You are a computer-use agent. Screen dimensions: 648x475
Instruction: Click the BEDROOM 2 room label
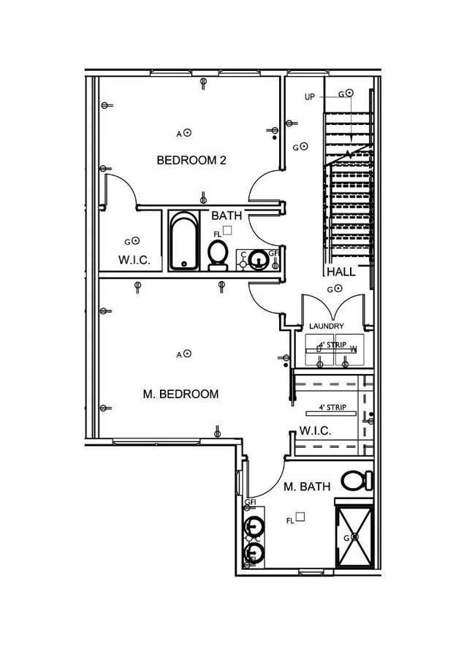tap(191, 160)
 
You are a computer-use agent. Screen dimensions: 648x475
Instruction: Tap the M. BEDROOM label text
tap(180, 394)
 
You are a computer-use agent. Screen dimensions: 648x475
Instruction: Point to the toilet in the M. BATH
tap(356, 480)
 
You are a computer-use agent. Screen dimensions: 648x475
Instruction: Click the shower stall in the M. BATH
tap(354, 536)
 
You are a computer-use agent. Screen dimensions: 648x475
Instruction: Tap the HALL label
tap(341, 272)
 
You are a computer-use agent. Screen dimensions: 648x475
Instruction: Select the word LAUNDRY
tap(326, 326)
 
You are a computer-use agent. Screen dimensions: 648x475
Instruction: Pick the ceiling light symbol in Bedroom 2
tap(187, 133)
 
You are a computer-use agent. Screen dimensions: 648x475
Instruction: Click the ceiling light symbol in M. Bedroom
tap(187, 354)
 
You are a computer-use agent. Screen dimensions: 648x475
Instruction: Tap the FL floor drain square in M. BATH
tap(300, 517)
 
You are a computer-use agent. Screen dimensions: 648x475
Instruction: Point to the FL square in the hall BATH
tap(227, 230)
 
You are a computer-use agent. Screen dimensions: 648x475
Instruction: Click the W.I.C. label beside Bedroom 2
tap(134, 259)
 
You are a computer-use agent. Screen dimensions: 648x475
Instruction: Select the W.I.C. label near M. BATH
tap(315, 431)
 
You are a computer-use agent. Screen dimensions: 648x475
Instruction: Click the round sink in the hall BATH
tap(257, 259)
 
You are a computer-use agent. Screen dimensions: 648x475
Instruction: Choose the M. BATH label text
tap(307, 487)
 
